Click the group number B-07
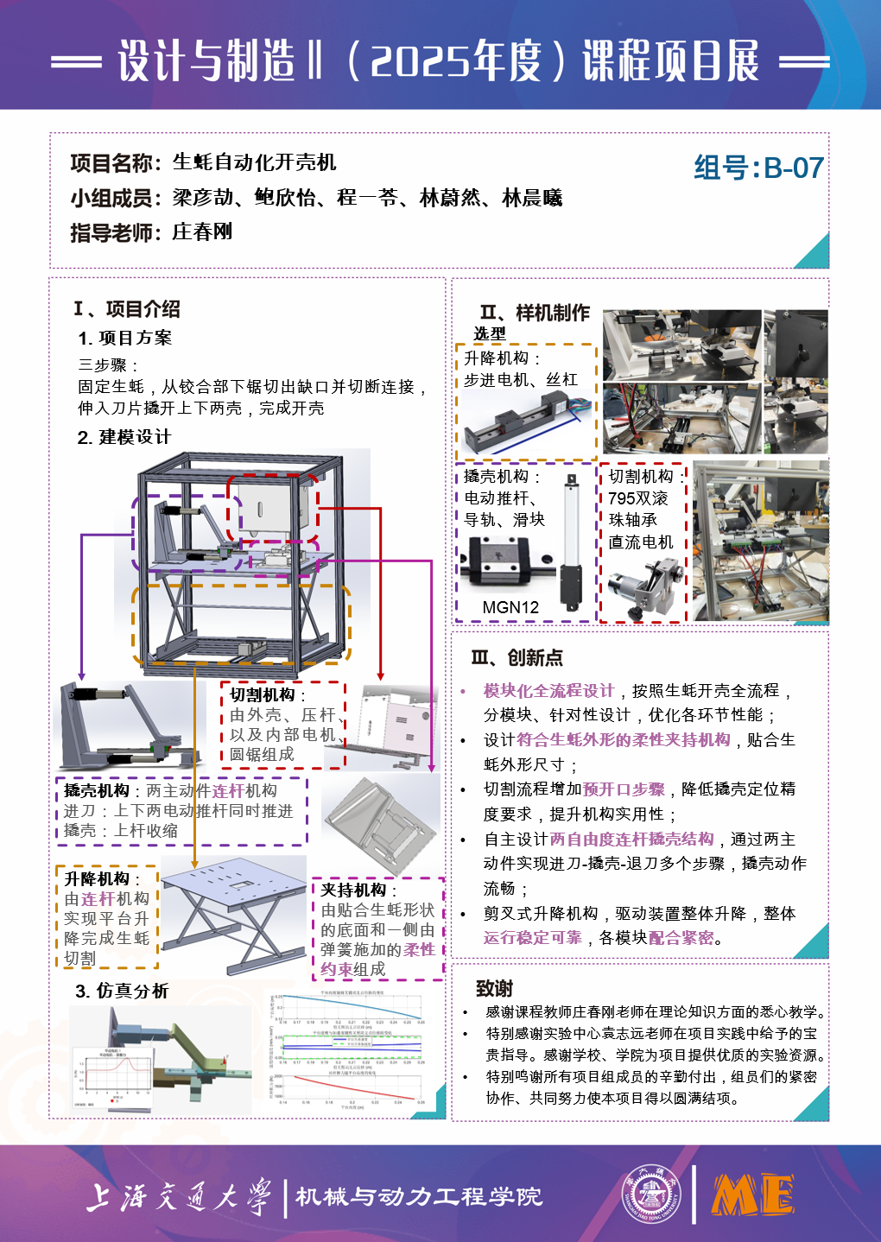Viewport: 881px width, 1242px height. point(758,168)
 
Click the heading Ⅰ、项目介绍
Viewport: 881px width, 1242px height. point(127,308)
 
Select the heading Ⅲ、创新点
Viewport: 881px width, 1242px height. point(517,658)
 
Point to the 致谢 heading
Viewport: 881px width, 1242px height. point(494,988)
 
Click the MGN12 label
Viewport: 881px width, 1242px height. point(510,607)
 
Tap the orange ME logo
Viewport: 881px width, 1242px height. point(752,1195)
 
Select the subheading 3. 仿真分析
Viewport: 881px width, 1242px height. point(122,991)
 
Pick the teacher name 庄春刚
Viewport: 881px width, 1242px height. point(202,231)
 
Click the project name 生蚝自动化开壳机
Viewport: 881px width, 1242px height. point(254,162)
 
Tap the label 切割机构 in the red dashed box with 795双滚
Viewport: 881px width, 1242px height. point(641,476)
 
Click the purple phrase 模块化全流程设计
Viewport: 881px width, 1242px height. point(548,691)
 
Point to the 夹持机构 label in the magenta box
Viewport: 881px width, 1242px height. point(353,890)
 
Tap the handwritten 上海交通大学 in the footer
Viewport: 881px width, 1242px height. point(178,1196)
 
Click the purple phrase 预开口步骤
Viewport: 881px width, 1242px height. point(624,789)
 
